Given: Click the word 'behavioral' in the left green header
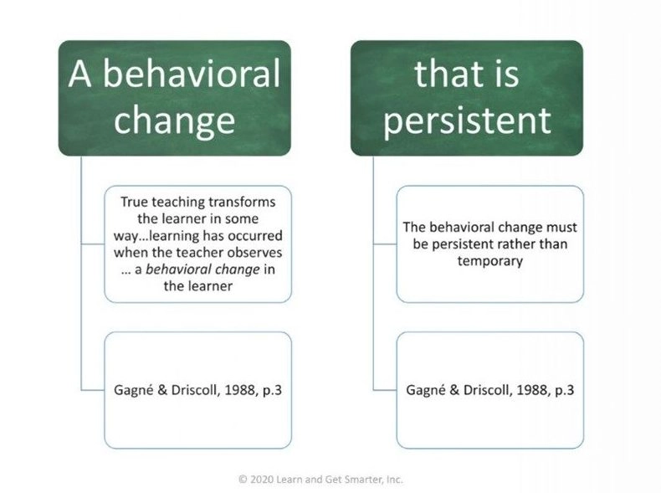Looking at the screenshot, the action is (x=192, y=74).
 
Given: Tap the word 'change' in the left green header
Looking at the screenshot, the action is (x=174, y=121).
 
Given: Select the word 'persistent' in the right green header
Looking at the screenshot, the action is (x=467, y=121).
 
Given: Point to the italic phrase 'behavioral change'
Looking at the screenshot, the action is (x=202, y=269).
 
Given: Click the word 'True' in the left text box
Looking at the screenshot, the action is (x=134, y=202).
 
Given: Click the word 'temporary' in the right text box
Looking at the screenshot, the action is (x=489, y=261).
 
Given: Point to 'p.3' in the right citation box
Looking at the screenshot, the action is (x=564, y=391).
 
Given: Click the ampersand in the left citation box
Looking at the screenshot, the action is (x=162, y=390).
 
